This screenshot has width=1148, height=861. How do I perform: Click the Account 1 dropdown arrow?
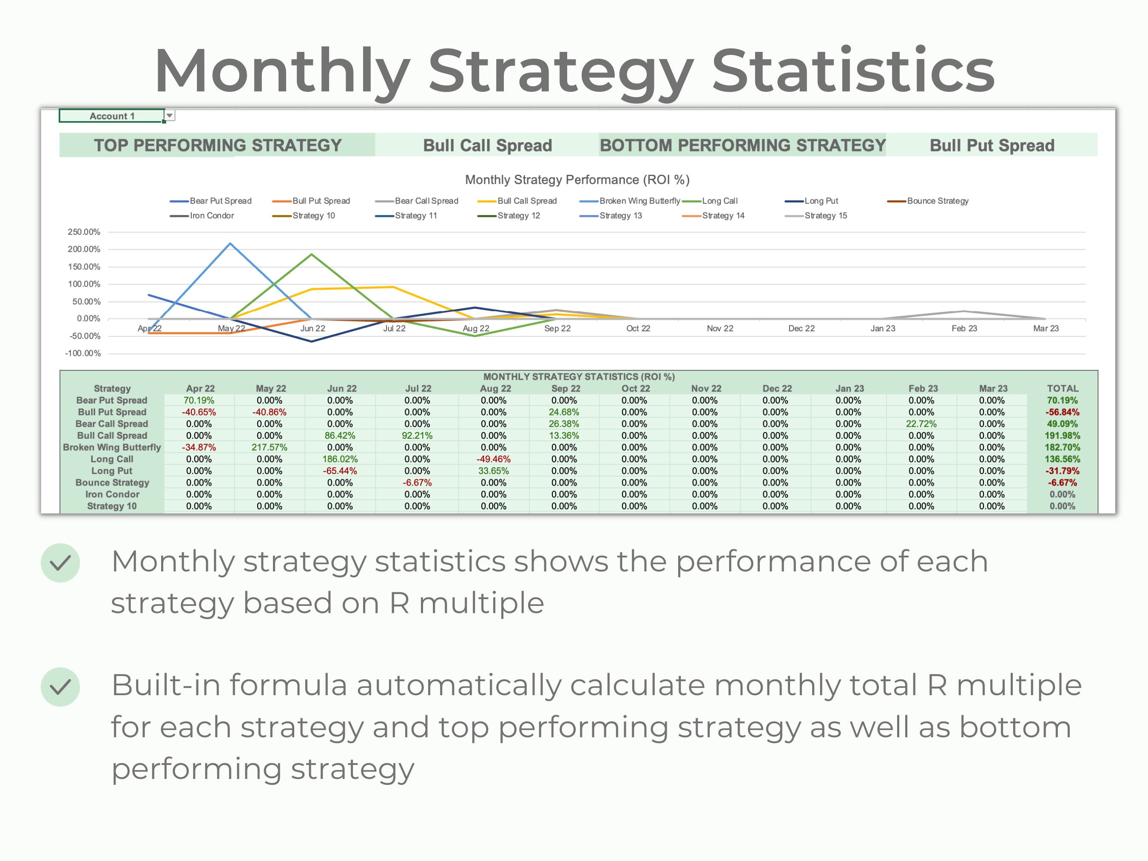pyautogui.click(x=170, y=116)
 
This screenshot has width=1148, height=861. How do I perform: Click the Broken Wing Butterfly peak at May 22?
pyautogui.click(x=230, y=243)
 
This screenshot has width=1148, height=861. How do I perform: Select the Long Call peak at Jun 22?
pyautogui.click(x=311, y=254)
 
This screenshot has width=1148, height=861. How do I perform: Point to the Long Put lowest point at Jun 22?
pyautogui.click(x=311, y=341)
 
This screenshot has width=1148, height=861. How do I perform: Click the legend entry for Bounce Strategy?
pyautogui.click(x=937, y=201)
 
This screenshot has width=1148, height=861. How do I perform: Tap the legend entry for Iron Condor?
pyautogui.click(x=211, y=216)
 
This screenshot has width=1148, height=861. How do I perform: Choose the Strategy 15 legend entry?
pyautogui.click(x=825, y=216)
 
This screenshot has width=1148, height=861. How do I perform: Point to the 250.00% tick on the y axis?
pyautogui.click(x=84, y=232)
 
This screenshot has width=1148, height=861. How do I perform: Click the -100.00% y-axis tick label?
pyautogui.click(x=83, y=353)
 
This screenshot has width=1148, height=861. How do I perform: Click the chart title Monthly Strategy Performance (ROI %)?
pyautogui.click(x=577, y=179)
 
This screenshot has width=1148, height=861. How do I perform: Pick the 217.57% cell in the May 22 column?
pyautogui.click(x=269, y=447)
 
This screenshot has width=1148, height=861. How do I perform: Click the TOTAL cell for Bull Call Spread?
pyautogui.click(x=1062, y=435)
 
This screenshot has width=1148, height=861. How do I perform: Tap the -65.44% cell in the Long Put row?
pyautogui.click(x=340, y=471)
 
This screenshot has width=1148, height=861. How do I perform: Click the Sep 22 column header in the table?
pyautogui.click(x=565, y=388)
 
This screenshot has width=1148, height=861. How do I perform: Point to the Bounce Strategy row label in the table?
pyautogui.click(x=112, y=483)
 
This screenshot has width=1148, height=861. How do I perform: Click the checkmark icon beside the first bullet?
pyautogui.click(x=60, y=563)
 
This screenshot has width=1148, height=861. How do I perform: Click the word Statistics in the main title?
pyautogui.click(x=852, y=71)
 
